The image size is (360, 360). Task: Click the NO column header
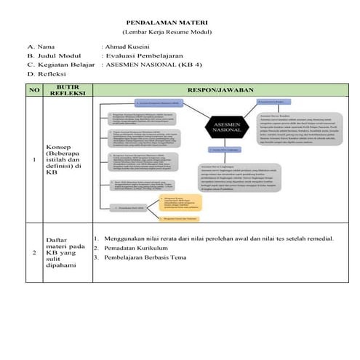pyautogui.click(x=33, y=89)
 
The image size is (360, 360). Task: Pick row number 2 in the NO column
pyautogui.click(x=33, y=252)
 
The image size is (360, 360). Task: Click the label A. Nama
pyautogui.click(x=41, y=46)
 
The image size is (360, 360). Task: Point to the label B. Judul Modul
pyautogui.click(x=54, y=55)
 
